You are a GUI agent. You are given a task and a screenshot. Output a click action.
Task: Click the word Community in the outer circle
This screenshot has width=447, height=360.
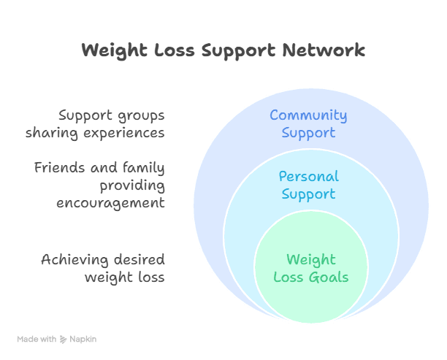[x=308, y=115]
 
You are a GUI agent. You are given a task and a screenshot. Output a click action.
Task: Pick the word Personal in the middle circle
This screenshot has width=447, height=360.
[x=308, y=177]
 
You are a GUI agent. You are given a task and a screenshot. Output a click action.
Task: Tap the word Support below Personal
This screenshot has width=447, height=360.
[x=308, y=194]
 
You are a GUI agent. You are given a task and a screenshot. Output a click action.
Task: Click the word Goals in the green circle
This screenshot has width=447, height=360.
[x=328, y=277]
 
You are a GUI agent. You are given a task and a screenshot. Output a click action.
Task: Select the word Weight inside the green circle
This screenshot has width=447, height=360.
[x=310, y=260]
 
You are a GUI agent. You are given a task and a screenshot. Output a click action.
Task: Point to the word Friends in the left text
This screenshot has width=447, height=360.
[x=59, y=168]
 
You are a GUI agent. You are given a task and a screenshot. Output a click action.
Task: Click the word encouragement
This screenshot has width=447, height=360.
[x=111, y=203]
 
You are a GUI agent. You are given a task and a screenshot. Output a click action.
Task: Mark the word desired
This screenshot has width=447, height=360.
[x=139, y=260]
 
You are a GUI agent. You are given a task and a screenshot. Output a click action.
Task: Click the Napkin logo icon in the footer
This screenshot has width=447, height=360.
[x=64, y=339]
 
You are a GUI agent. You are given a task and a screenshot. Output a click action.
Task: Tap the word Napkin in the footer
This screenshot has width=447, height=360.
[x=83, y=339]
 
